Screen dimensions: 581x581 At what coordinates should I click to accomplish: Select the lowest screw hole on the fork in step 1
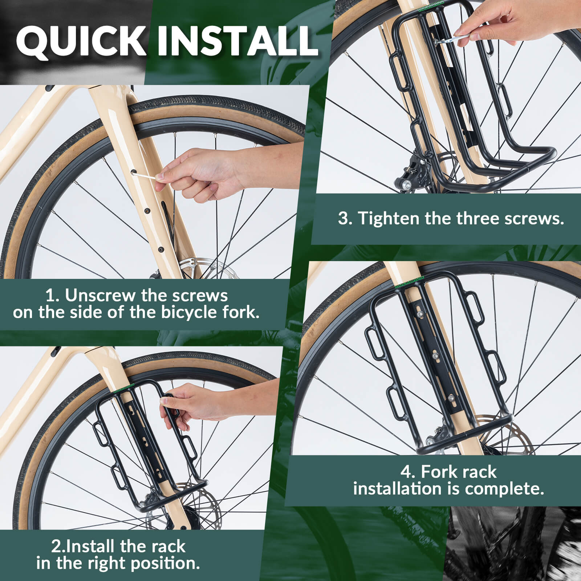click(161, 249)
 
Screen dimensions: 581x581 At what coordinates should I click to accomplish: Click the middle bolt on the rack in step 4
click(436, 355)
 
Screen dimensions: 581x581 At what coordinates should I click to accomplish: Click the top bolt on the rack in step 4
click(420, 314)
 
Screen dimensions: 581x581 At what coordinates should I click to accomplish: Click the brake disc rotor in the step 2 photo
click(203, 507)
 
